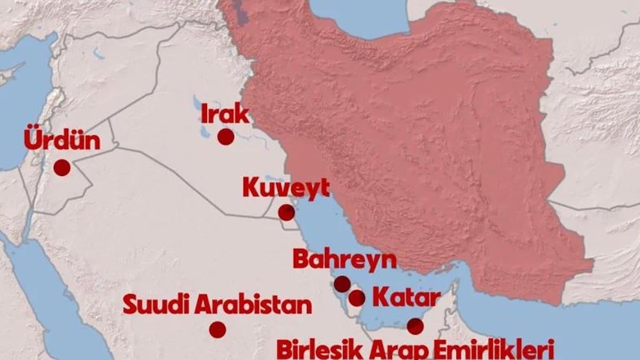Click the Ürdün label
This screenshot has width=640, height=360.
pyautogui.click(x=62, y=141)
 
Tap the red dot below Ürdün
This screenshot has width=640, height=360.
pyautogui.click(x=62, y=167)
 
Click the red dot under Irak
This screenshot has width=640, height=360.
pyautogui.click(x=226, y=137)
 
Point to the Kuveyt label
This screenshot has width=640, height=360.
pyautogui.click(x=286, y=188)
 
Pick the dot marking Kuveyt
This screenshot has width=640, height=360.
pyautogui.click(x=286, y=213)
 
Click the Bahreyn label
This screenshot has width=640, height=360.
pyautogui.click(x=345, y=260)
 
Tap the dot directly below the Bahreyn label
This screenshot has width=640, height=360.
pyautogui.click(x=342, y=284)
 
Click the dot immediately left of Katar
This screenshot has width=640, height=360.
pyautogui.click(x=357, y=298)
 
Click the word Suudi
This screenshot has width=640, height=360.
pyautogui.click(x=155, y=305)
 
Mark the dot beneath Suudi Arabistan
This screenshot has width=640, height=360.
pyautogui.click(x=217, y=330)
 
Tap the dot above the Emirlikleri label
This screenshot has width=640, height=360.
pyautogui.click(x=415, y=325)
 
